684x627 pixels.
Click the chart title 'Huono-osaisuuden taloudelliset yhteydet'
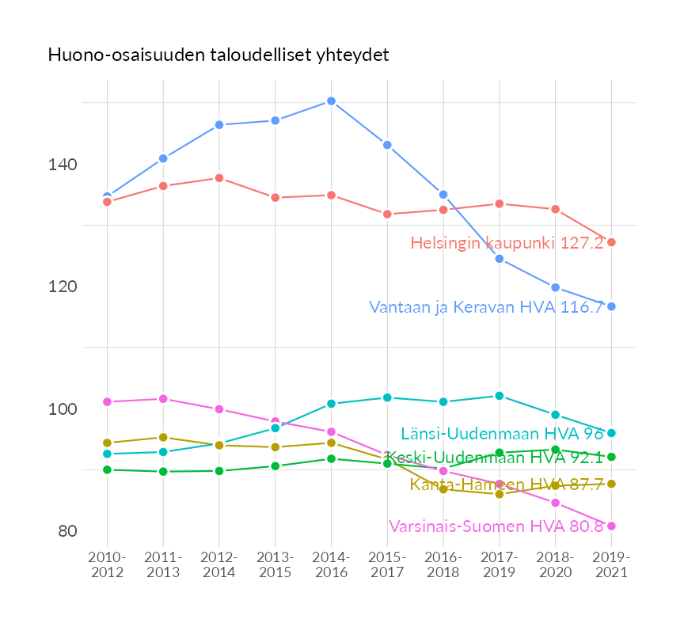tap(218, 55)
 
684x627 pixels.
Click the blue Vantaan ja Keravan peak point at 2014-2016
tap(331, 101)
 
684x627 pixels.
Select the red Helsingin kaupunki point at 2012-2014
tap(219, 178)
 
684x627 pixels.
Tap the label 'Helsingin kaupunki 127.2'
tap(507, 243)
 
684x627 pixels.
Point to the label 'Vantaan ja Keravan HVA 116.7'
tap(486, 307)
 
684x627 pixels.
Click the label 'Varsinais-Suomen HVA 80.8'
tap(496, 526)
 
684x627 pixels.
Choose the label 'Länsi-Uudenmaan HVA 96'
tap(502, 434)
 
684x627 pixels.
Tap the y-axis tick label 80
tap(67, 531)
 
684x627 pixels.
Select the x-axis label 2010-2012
tap(108, 565)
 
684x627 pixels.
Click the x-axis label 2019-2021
tap(611, 565)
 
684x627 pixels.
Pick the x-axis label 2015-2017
tap(387, 565)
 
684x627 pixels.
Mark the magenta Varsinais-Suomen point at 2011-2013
tap(163, 399)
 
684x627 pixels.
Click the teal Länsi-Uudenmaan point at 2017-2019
tap(500, 396)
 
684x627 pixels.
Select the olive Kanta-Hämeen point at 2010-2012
tap(108, 443)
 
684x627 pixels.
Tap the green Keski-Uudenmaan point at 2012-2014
tap(219, 471)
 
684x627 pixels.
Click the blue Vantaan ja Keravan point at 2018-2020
tap(556, 287)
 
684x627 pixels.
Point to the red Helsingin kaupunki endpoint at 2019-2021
tap(611, 242)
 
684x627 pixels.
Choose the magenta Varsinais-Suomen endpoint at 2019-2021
tap(611, 526)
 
